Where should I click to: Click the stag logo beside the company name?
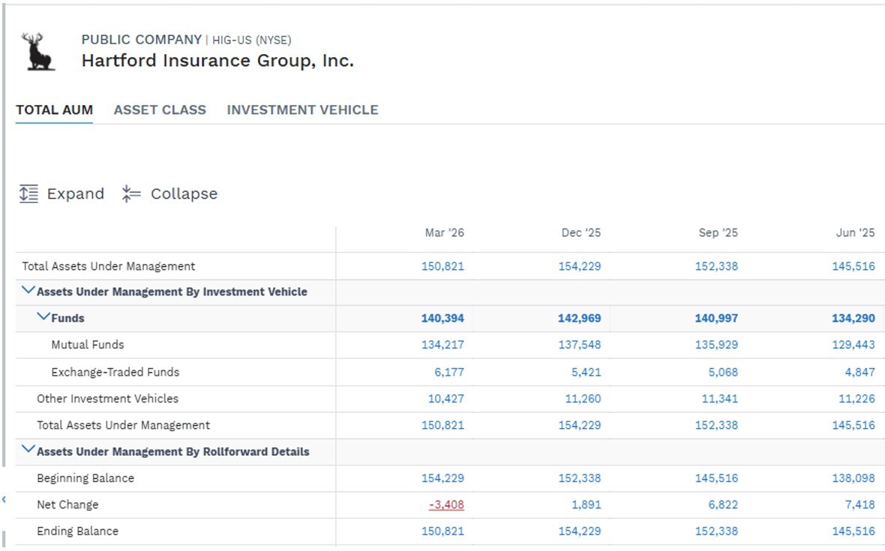38,51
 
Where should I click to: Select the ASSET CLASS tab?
160,110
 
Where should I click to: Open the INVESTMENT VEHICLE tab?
302,110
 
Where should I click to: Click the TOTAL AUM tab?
54,110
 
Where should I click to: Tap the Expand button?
61,193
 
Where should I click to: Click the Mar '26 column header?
444,232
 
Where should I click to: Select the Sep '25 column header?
718,232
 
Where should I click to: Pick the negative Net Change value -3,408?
446,505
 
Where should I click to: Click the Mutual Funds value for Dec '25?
580,345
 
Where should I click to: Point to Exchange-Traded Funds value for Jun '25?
859,373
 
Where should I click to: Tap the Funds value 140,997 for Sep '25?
716,318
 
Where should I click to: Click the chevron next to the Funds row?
43,317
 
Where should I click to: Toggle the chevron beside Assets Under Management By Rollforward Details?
28,450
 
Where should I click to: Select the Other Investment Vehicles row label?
108,399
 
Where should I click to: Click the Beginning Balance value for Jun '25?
853,478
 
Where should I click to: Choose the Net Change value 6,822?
723,505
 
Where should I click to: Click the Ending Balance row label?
78,532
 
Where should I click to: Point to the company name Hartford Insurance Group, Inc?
217,60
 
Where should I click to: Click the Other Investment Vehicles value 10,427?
446,399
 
